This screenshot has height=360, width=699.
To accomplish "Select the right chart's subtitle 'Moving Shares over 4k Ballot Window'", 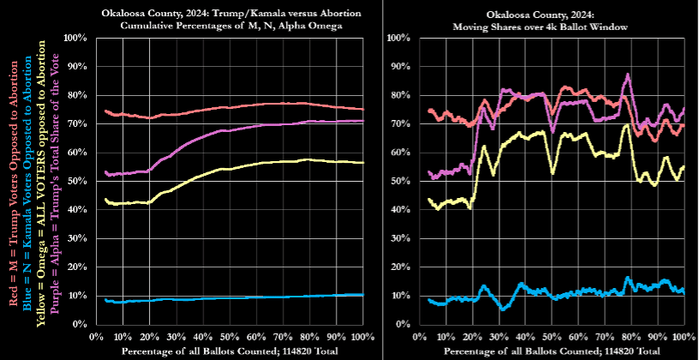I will pos(542,27).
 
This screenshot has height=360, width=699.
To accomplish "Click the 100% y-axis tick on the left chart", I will pos(75,39).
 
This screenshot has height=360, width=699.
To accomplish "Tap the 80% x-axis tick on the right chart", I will pos(631,336).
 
